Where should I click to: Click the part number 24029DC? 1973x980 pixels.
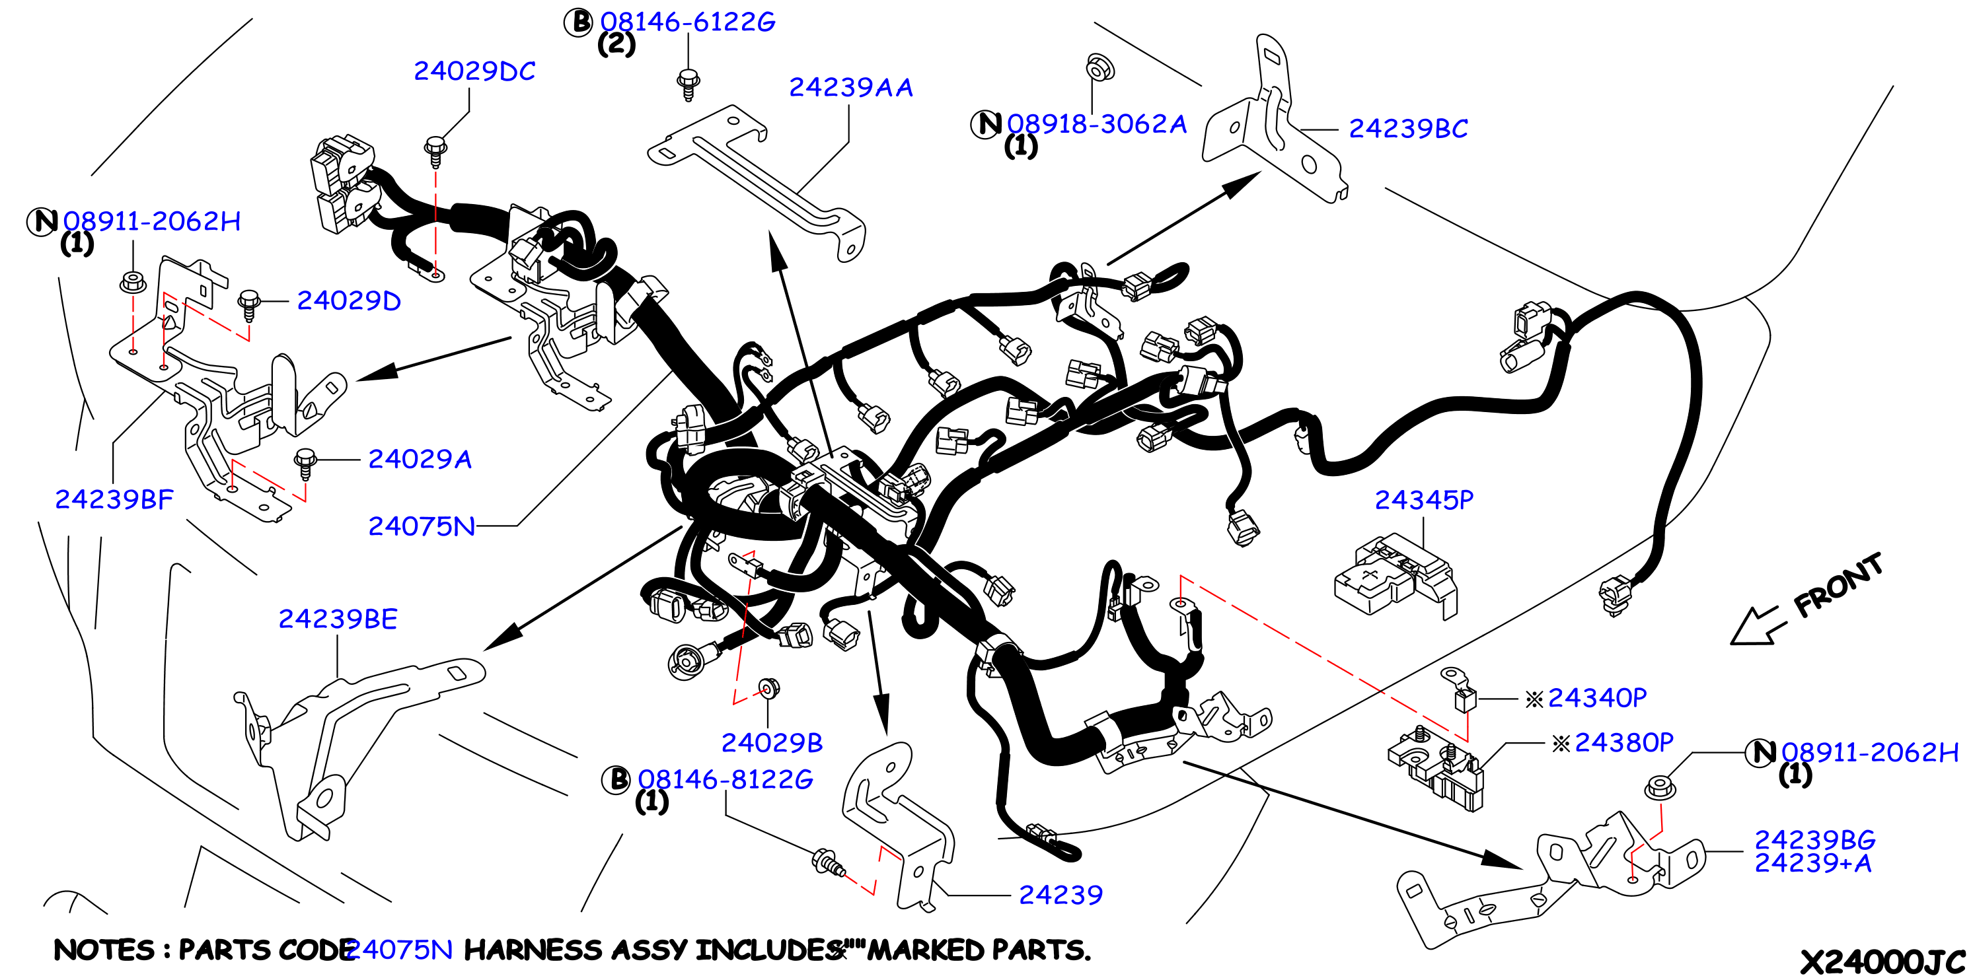click(x=474, y=71)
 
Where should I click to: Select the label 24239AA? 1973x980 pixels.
click(x=851, y=87)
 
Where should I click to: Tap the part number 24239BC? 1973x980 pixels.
click(x=1408, y=129)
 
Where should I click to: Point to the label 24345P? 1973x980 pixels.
click(x=1424, y=500)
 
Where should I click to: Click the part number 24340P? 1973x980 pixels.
click(x=1597, y=697)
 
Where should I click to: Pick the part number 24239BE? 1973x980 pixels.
click(x=338, y=619)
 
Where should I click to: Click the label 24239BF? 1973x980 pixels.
click(x=114, y=499)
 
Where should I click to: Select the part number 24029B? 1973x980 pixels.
click(x=772, y=743)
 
